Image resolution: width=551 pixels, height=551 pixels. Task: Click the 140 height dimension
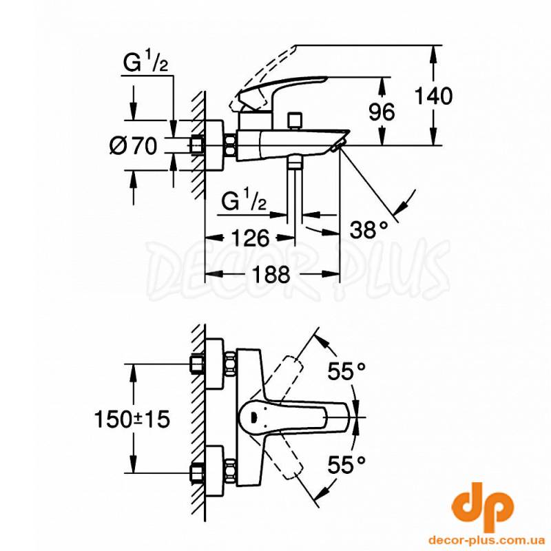[433, 96]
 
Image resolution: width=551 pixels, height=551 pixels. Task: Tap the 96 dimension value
[382, 112]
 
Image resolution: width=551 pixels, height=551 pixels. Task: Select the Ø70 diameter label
[133, 145]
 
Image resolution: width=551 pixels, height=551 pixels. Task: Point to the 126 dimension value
[250, 238]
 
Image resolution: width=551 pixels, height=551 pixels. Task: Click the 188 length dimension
[271, 274]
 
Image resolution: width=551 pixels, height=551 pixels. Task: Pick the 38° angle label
[368, 230]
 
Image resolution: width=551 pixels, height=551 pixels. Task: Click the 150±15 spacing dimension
[132, 419]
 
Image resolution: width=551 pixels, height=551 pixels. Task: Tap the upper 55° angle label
[346, 371]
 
